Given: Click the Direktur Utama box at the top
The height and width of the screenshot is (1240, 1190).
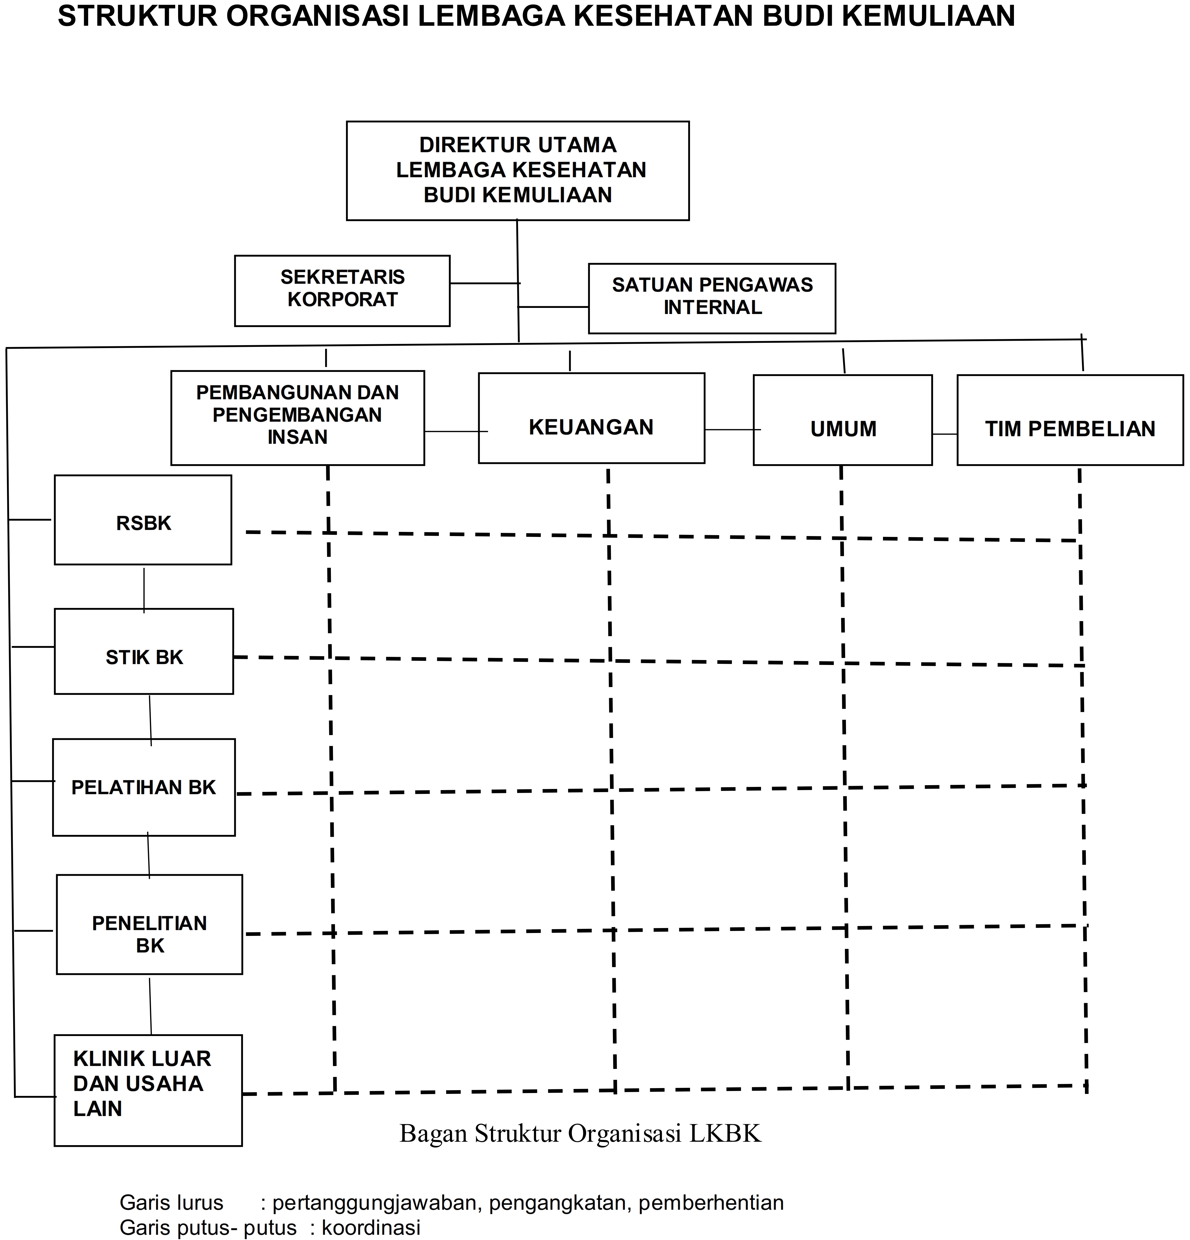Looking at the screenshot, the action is [517, 171].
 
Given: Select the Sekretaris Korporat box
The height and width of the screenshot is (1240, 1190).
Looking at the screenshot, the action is [342, 291].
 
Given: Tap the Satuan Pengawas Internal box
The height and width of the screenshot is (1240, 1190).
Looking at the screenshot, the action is [712, 299].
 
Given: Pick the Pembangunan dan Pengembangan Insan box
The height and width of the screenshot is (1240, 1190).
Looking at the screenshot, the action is [297, 418].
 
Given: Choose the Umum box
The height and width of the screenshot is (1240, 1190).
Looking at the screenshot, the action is [843, 420].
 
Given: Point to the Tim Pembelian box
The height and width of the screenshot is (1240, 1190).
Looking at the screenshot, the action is [1070, 420].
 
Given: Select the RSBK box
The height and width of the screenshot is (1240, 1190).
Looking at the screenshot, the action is [143, 520].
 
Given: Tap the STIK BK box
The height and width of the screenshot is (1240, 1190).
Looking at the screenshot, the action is [143, 652].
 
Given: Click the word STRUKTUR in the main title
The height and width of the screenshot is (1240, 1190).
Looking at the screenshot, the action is [137, 17].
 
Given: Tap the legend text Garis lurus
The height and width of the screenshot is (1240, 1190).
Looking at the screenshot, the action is [171, 1202].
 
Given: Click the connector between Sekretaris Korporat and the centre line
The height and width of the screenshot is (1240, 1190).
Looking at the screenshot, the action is [485, 283].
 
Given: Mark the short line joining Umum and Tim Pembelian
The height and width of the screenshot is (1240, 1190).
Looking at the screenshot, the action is [945, 434].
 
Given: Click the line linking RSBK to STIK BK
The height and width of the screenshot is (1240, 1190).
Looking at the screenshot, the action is [144, 590].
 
